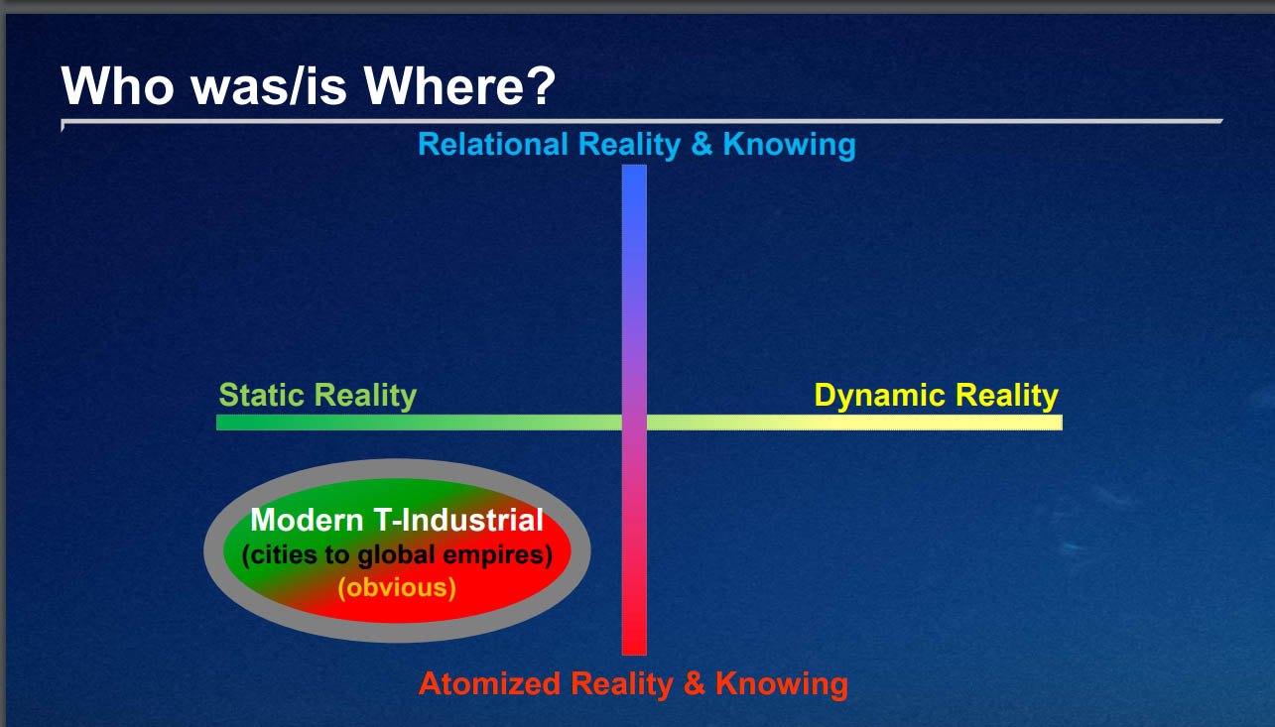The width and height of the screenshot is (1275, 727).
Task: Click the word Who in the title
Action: [117, 85]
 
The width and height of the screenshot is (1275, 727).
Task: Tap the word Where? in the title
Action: [459, 85]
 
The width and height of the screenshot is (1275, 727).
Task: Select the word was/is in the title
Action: [269, 85]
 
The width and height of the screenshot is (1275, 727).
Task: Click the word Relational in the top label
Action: [493, 144]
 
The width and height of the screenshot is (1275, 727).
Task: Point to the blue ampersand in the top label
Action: [701, 144]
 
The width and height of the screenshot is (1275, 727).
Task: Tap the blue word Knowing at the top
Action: [789, 145]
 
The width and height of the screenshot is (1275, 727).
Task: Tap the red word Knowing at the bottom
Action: [782, 684]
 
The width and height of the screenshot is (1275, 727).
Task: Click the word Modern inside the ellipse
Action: [307, 520]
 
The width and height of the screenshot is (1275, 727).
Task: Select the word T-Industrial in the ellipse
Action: [458, 520]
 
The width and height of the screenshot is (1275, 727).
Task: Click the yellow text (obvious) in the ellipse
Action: [397, 587]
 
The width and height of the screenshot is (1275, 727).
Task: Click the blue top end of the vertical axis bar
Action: [634, 166]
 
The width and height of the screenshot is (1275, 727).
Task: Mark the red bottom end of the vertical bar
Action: [634, 654]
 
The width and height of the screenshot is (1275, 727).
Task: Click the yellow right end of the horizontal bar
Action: [1061, 423]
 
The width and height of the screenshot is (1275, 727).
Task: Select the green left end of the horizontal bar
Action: [218, 423]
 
